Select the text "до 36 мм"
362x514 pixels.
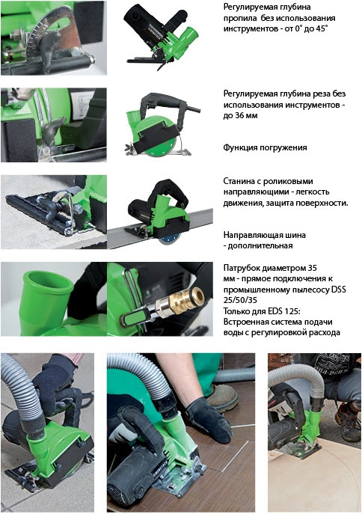[240, 115]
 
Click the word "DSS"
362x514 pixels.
[339, 290]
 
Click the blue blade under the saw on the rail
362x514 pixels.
[168, 240]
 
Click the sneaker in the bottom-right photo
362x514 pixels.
[349, 423]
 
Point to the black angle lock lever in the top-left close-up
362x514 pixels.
[48, 49]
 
